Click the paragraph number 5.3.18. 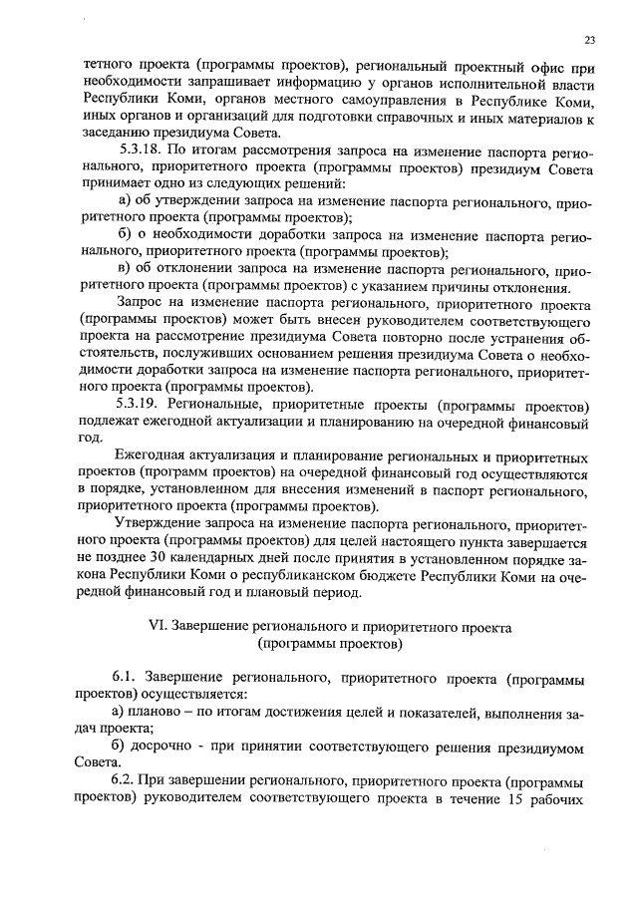click(x=139, y=153)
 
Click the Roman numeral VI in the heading click(x=155, y=629)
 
